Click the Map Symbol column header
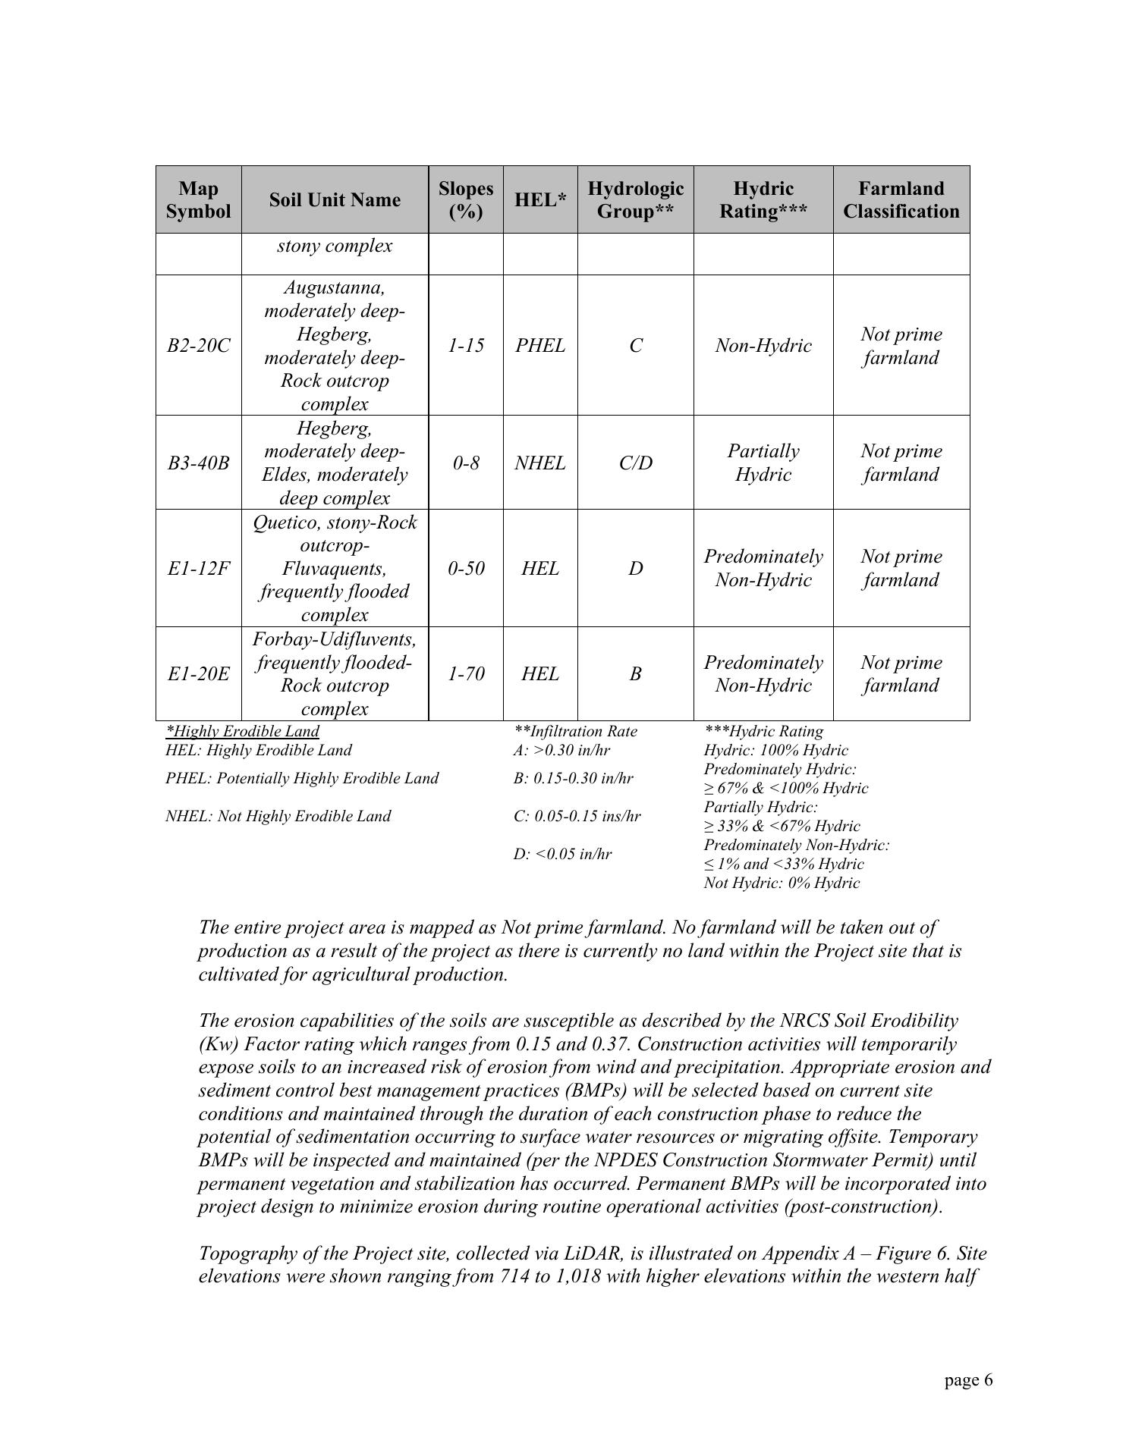pos(198,199)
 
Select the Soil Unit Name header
pos(335,199)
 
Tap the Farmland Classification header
pos(901,199)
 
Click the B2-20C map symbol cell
pos(198,346)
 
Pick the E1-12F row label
pos(198,569)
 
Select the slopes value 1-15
pos(465,346)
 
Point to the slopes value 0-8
pos(465,463)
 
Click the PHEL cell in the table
pos(540,346)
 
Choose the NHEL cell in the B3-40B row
pos(540,463)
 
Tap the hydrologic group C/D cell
pos(635,463)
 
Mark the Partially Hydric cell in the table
pos(763,463)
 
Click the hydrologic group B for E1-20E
pos(635,674)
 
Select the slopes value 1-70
pos(465,674)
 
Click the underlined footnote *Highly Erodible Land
pos(242,731)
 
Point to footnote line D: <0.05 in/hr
pos(562,855)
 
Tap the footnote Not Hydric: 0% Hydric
pos(782,883)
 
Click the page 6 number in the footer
pos(968,1381)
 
